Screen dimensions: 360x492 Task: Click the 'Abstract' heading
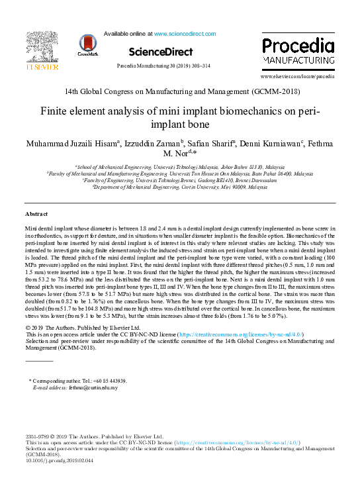tap(37, 215)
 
